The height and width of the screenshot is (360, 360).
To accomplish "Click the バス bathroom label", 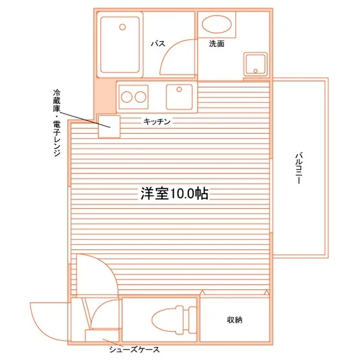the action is coord(158,43).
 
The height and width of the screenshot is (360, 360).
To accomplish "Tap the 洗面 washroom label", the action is coord(217,44).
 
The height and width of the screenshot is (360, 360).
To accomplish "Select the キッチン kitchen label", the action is coord(157,122).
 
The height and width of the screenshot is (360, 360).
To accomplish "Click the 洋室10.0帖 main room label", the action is coord(174,194).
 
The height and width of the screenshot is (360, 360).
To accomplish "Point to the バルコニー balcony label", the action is coord(298,168).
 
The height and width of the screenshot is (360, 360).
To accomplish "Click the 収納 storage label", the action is coord(235,320).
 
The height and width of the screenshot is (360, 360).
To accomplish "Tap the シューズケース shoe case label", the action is coord(134,350).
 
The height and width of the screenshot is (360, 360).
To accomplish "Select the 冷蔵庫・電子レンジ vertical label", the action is coord(57,123).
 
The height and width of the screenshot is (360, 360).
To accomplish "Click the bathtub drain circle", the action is coord(123,27).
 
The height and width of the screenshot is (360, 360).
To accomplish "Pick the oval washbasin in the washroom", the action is coord(217,24).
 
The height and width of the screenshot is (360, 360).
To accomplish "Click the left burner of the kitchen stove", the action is coord(127,97).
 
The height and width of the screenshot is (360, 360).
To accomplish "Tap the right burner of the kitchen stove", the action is coord(140,97).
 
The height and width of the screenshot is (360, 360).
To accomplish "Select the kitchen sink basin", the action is coord(179,97).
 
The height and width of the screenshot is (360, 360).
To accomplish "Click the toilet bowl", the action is coord(168,320).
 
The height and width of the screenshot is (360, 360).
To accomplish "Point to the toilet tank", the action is coord(193,320).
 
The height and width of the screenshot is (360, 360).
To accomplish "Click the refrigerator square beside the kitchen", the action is coord(109,127).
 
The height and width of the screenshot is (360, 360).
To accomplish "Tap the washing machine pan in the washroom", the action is coord(256,64).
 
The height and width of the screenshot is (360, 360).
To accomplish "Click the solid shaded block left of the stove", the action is coord(106,96).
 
